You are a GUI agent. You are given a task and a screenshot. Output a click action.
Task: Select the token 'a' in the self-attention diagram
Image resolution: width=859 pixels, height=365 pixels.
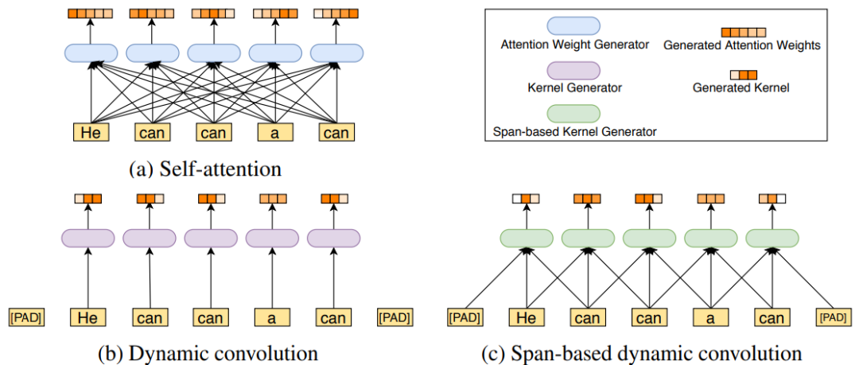coord(273,133)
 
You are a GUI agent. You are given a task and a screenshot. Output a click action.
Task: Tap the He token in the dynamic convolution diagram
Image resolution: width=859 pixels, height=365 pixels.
coord(87,319)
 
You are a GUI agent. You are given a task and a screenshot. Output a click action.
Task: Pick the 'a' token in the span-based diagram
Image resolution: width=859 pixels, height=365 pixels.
coord(710,318)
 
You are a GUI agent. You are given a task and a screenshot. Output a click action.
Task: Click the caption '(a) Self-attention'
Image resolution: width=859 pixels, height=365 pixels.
coord(206,169)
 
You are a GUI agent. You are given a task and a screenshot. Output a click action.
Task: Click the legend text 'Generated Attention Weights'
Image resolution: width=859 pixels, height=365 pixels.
coord(741,46)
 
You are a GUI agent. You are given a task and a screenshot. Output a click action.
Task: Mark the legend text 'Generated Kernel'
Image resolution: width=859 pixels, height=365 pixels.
coord(741,87)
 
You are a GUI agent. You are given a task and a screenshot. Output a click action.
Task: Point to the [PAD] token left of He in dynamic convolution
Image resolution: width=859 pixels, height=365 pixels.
coord(25,319)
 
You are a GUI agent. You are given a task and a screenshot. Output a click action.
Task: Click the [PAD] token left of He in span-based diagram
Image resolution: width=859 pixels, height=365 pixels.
coord(463,318)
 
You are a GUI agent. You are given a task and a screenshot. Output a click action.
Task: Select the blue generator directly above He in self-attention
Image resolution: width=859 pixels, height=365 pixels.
coord(91,53)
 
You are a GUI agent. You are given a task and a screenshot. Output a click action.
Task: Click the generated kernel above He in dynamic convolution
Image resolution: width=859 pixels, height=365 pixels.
coord(87,200)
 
